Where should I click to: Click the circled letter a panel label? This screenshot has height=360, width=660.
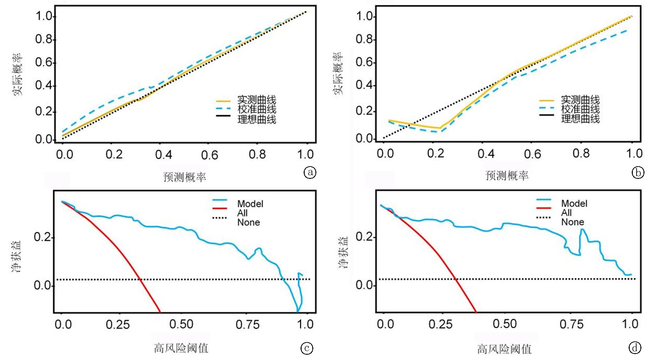pyautogui.click(x=310, y=172)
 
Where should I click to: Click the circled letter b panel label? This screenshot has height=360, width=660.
pyautogui.click(x=638, y=172)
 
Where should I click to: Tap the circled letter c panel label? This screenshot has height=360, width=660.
pyautogui.click(x=307, y=348)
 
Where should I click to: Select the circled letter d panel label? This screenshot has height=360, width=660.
pyautogui.click(x=635, y=348)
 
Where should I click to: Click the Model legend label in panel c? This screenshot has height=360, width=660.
pyautogui.click(x=250, y=204)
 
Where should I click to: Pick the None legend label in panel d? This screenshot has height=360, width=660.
pyautogui.click(x=573, y=222)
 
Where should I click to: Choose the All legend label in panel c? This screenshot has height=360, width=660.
pyautogui.click(x=242, y=213)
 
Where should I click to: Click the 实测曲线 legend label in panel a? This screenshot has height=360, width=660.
pyautogui.click(x=257, y=100)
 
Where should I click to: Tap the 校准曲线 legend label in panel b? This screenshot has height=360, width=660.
pyautogui.click(x=580, y=109)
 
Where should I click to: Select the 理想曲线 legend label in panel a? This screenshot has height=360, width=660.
pyautogui.click(x=257, y=119)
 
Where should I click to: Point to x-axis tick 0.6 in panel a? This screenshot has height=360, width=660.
pyautogui.click(x=210, y=155)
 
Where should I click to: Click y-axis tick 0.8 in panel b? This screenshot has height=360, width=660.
pyautogui.click(x=364, y=40)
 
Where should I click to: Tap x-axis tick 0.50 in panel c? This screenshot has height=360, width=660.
pyautogui.click(x=181, y=324)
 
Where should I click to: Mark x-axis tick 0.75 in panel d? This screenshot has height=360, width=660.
pyautogui.click(x=572, y=324)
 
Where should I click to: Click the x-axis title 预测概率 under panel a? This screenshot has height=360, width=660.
pyautogui.click(x=185, y=177)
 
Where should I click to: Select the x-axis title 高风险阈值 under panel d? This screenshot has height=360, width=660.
pyautogui.click(x=504, y=349)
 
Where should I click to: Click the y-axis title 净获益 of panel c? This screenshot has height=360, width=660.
pyautogui.click(x=16, y=257)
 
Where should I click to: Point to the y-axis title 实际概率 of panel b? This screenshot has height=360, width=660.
pyautogui.click(x=338, y=74)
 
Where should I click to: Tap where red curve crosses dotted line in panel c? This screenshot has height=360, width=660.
pyautogui.click(x=140, y=279)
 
